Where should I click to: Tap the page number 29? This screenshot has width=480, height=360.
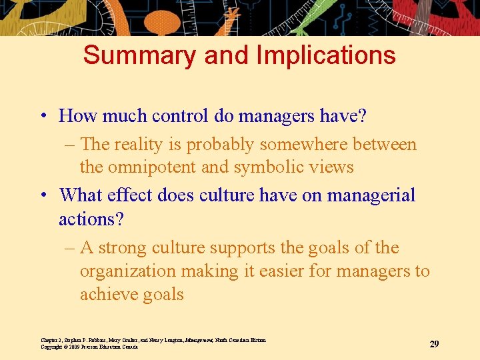(434, 344)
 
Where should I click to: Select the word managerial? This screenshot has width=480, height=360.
(371, 195)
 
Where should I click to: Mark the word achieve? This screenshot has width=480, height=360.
(111, 295)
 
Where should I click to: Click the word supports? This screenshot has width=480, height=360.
(240, 248)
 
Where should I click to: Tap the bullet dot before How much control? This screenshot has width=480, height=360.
(43, 116)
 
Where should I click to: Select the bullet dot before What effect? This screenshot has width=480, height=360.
(43, 195)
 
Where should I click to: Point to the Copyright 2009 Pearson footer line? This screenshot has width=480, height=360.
(89, 347)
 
